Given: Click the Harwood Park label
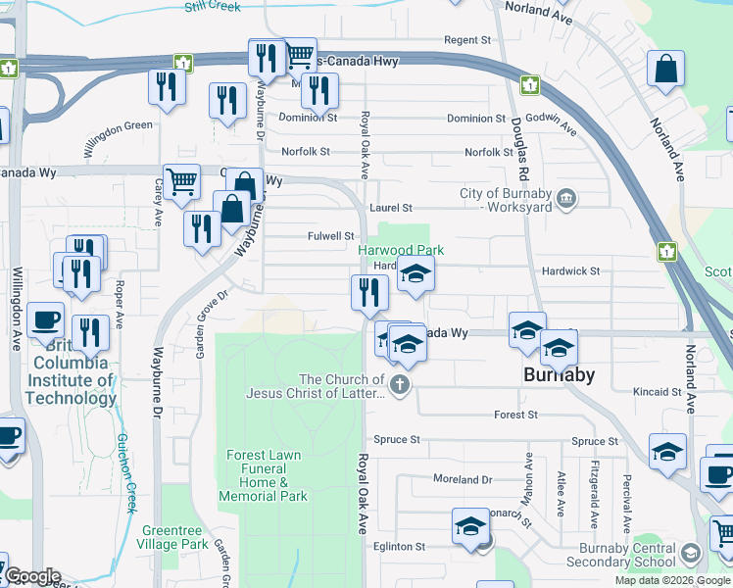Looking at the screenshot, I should tap(400, 251).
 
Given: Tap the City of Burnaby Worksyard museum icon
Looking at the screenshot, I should tap(566, 201).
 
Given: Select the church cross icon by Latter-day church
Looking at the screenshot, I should tap(398, 384).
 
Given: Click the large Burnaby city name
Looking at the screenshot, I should tap(559, 374).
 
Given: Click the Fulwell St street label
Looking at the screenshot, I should tap(330, 236).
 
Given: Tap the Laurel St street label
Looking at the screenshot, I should tap(391, 209).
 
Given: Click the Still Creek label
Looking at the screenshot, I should tap(212, 7).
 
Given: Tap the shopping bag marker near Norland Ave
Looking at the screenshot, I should tap(665, 71).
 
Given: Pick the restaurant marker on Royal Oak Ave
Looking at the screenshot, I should tap(369, 292).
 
